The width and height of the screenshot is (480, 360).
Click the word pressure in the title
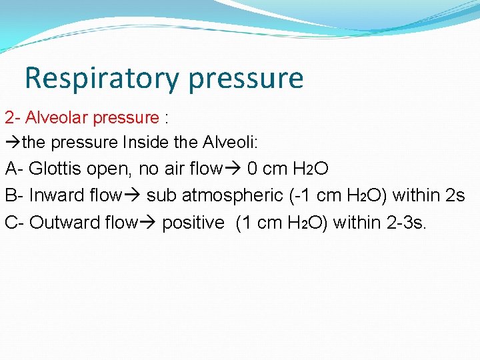(x=246, y=78)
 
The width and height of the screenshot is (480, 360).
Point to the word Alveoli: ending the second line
(x=237, y=142)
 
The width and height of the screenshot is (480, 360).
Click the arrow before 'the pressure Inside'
(x=13, y=142)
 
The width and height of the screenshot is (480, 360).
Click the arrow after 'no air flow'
(x=233, y=169)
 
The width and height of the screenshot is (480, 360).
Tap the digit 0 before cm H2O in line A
(x=253, y=169)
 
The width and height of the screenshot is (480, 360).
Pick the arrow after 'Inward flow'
(x=133, y=195)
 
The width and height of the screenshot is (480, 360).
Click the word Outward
(x=64, y=222)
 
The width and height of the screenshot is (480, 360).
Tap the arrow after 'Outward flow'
(x=148, y=222)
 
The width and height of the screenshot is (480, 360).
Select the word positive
(x=193, y=222)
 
